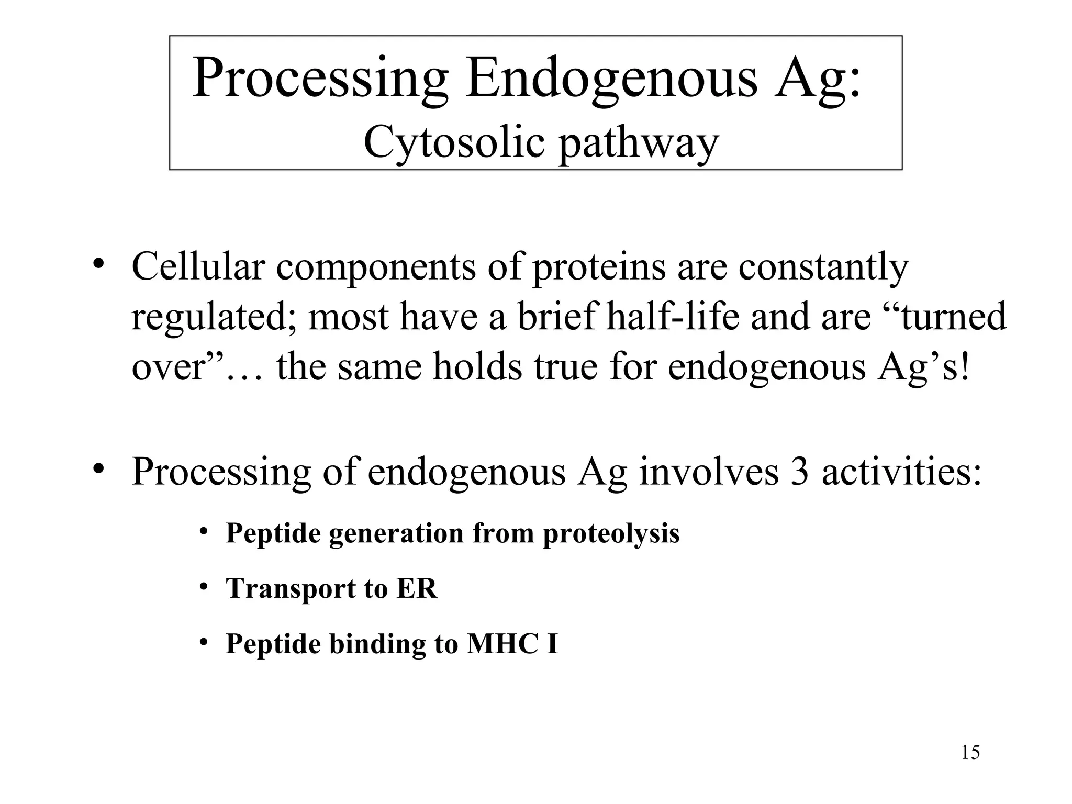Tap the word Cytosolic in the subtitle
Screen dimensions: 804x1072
[x=454, y=142]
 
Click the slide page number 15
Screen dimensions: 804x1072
[x=970, y=753]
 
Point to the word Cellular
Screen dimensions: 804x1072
[x=198, y=266]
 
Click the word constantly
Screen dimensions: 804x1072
[x=823, y=267]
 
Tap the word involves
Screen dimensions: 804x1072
[x=709, y=472]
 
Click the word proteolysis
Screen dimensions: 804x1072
[x=611, y=534]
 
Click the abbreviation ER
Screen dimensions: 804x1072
[x=417, y=588]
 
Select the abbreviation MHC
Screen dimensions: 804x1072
[x=502, y=644]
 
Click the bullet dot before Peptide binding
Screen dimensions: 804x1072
[x=204, y=642]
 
